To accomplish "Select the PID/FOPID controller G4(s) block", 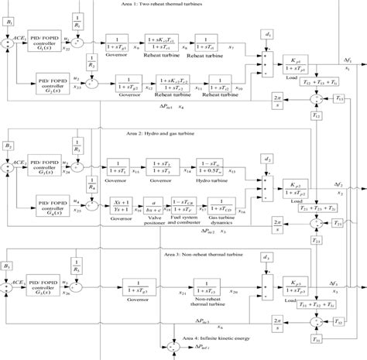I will (58, 203).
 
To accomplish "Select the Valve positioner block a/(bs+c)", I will (154, 207).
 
